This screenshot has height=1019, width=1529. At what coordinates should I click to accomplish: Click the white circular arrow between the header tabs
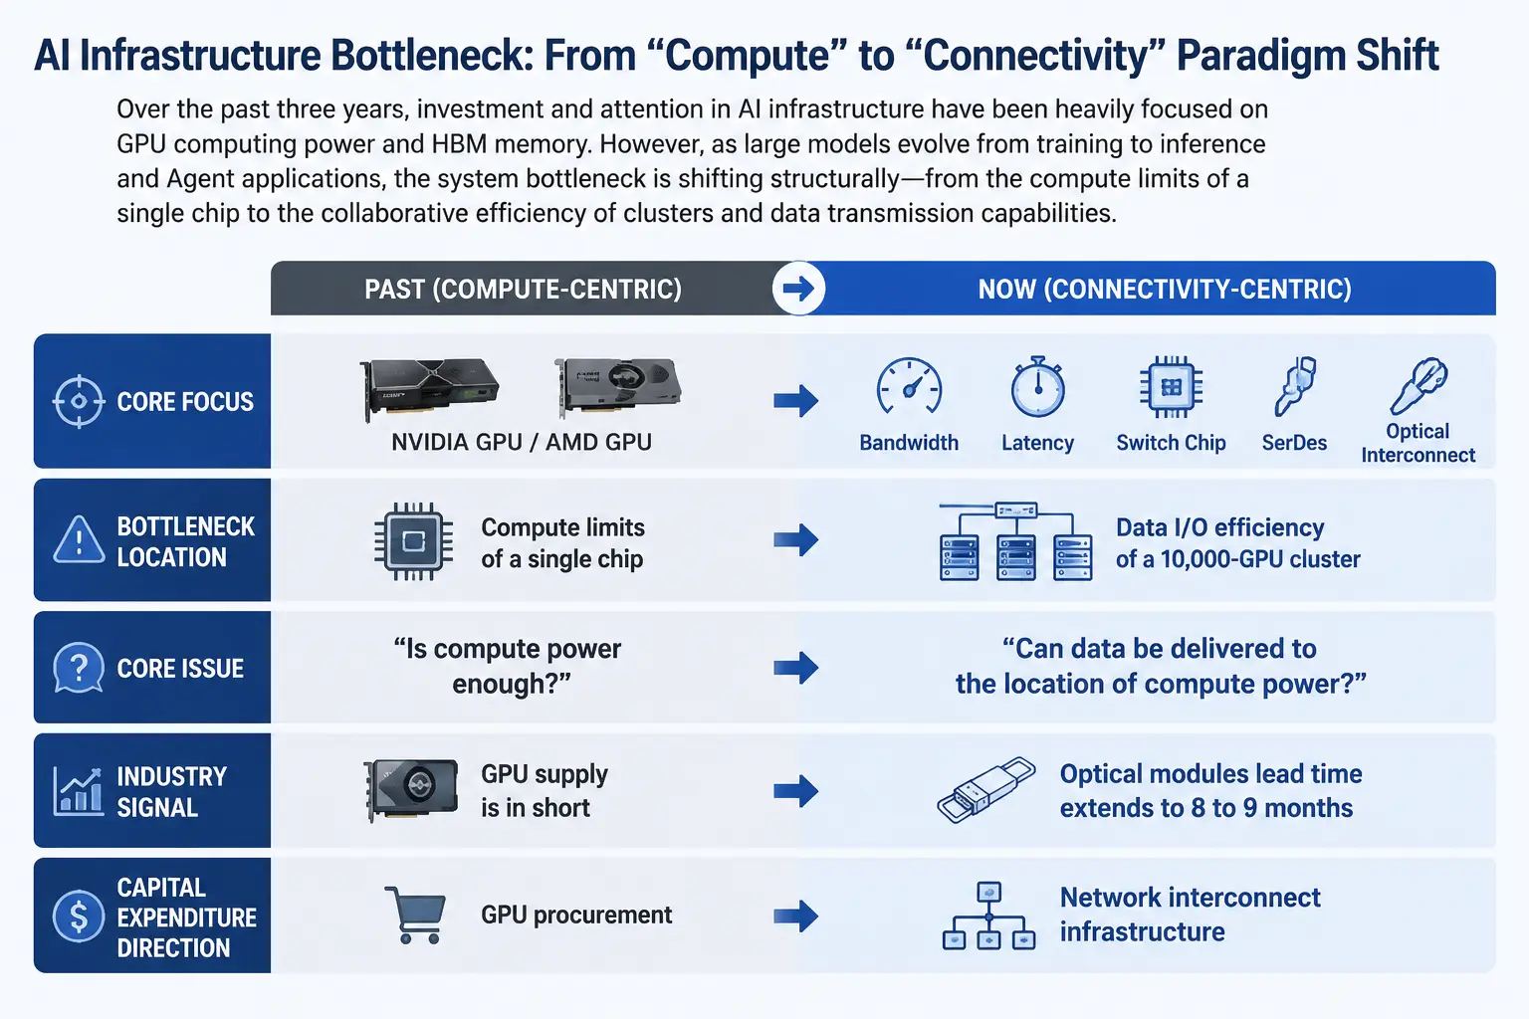(x=798, y=288)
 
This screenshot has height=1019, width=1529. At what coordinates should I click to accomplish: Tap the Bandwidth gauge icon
(x=909, y=386)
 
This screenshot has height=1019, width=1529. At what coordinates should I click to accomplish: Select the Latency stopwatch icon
(x=1037, y=386)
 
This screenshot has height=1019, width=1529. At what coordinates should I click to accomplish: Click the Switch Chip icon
(x=1172, y=386)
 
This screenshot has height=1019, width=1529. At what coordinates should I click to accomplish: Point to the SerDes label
(x=1294, y=443)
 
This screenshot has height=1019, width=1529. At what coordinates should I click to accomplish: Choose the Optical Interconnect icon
(x=1419, y=386)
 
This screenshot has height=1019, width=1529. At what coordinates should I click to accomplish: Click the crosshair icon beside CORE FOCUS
(x=79, y=401)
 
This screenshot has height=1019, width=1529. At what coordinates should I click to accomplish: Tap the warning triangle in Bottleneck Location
(x=79, y=540)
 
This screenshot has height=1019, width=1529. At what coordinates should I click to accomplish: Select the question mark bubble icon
(x=79, y=668)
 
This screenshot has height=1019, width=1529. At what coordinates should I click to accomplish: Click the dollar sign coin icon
(x=79, y=916)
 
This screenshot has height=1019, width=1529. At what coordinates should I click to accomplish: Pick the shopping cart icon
(x=416, y=916)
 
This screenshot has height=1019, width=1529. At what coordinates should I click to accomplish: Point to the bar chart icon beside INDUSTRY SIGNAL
(x=78, y=792)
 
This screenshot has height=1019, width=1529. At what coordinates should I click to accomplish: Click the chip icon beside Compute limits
(x=413, y=541)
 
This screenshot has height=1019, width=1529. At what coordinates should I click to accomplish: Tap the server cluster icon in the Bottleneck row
(x=1015, y=542)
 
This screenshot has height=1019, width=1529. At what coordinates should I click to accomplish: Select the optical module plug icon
(x=986, y=790)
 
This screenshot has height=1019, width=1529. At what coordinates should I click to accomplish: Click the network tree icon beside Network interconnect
(x=989, y=916)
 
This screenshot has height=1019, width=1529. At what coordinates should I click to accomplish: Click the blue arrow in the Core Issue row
(x=796, y=668)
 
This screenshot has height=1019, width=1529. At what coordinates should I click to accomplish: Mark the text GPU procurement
(x=576, y=916)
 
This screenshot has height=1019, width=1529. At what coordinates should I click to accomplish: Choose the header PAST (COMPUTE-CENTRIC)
(x=523, y=289)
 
